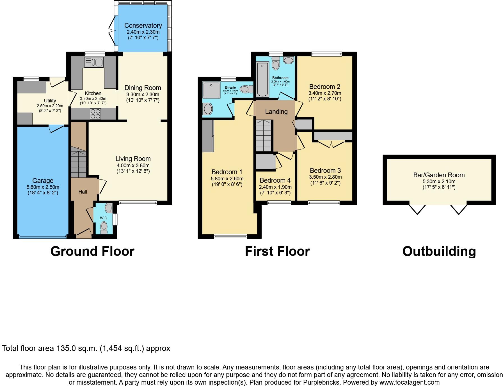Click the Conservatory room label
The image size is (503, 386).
tap(143, 26)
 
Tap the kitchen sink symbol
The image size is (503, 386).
tap(94, 62)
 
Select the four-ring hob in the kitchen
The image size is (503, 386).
tap(95, 114)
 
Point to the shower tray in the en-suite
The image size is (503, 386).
tap(211, 90)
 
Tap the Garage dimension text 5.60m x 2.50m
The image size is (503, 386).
tap(43, 187)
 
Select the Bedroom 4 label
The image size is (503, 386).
tap(275, 180)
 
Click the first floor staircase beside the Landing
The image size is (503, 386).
tap(263, 135)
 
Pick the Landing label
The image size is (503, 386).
tap(276, 112)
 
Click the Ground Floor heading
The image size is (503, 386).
tap(92, 251)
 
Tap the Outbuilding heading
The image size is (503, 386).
tap(439, 251)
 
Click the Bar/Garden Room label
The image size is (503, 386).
tap(439, 175)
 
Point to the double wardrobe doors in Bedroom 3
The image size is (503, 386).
tap(331, 144)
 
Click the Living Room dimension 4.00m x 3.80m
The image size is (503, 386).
tap(133, 166)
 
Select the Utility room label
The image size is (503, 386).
tap(50, 101)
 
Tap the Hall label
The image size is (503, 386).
tap(83, 192)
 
